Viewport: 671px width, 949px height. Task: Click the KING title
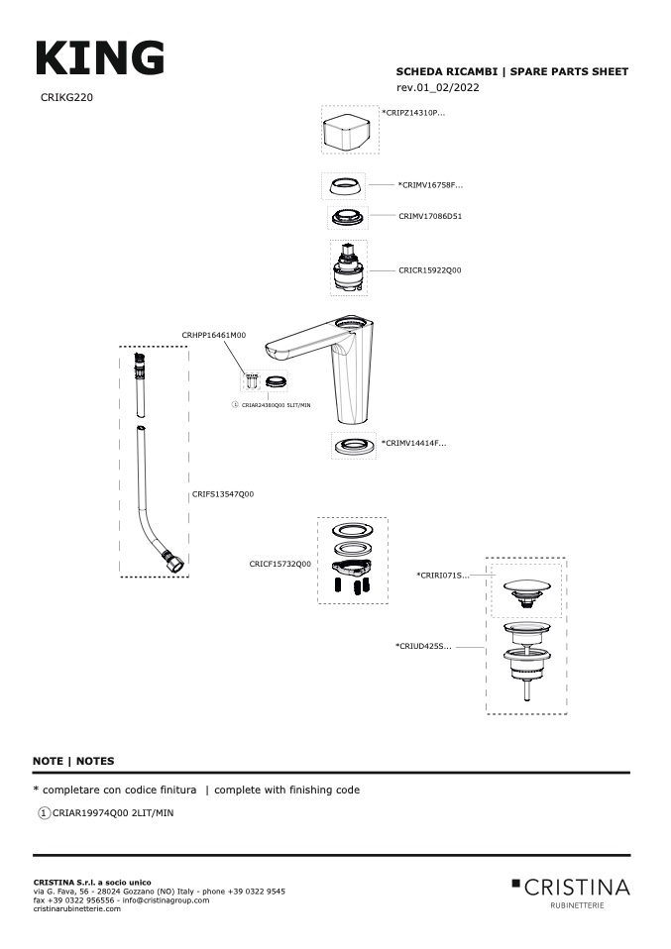[99, 58]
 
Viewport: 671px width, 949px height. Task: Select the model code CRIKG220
[67, 98]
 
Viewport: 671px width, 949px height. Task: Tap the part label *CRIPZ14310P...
[413, 113]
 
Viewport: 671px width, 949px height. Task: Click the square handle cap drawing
[349, 130]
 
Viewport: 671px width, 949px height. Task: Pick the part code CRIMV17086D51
[430, 215]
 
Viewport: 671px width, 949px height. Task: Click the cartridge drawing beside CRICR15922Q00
[348, 267]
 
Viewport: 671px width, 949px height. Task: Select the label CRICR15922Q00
[429, 269]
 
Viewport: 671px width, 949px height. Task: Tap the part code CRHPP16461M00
[213, 336]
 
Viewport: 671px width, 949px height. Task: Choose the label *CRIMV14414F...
[413, 443]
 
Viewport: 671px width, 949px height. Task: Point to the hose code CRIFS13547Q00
[222, 493]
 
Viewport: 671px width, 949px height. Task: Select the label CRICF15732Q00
[280, 564]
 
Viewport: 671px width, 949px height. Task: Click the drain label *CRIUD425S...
[423, 646]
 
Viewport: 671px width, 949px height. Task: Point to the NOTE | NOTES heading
[73, 761]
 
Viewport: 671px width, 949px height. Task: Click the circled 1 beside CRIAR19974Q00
[44, 812]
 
